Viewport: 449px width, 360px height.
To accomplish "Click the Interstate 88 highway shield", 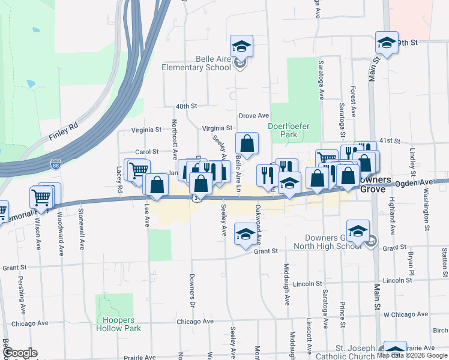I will (55, 164).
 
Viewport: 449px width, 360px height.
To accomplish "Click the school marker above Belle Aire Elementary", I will (241, 46).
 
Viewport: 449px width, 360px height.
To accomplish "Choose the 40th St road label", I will (186, 106).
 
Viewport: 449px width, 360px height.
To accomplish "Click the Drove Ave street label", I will (254, 115).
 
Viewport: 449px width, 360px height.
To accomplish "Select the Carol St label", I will (146, 152).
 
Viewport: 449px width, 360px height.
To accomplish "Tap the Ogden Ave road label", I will (414, 182).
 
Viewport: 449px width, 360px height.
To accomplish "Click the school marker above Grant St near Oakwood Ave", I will (245, 233).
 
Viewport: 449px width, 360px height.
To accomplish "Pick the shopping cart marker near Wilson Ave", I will (41, 197).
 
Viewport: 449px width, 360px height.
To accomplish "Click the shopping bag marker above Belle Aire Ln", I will (247, 143).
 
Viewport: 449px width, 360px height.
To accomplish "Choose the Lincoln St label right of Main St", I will (397, 281).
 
